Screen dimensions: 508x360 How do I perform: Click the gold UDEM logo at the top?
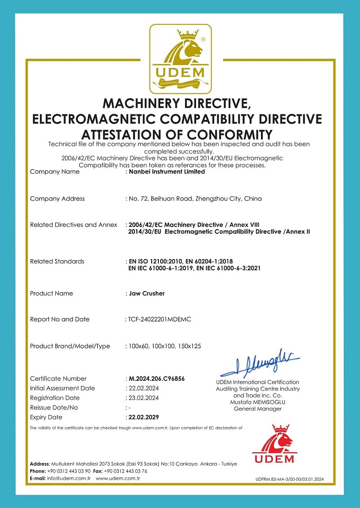coord(180,58)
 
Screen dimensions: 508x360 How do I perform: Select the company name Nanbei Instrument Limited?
coord(166,172)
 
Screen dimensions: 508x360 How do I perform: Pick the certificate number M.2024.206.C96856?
coord(157,379)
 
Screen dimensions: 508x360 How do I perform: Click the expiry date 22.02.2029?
coord(144,417)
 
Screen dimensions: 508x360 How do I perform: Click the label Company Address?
coord(57,199)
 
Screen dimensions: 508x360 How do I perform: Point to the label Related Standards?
coord(57,261)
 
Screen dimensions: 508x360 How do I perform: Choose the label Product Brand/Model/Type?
coord(70,346)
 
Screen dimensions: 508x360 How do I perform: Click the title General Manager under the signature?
coord(258,409)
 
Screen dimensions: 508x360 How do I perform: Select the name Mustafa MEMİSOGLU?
coord(258,402)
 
